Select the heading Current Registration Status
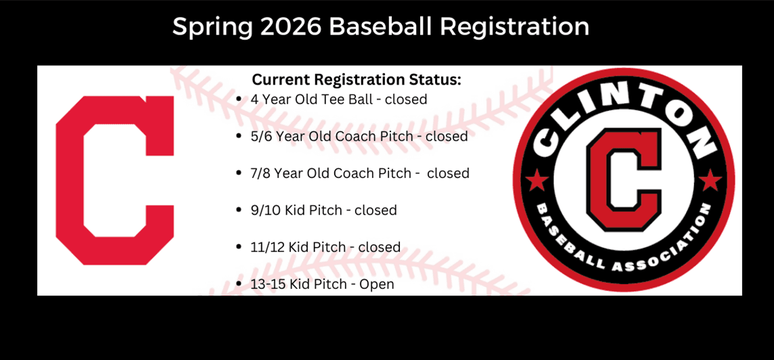[x=357, y=79]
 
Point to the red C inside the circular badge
[x=623, y=179]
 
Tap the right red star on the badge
[x=709, y=181]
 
